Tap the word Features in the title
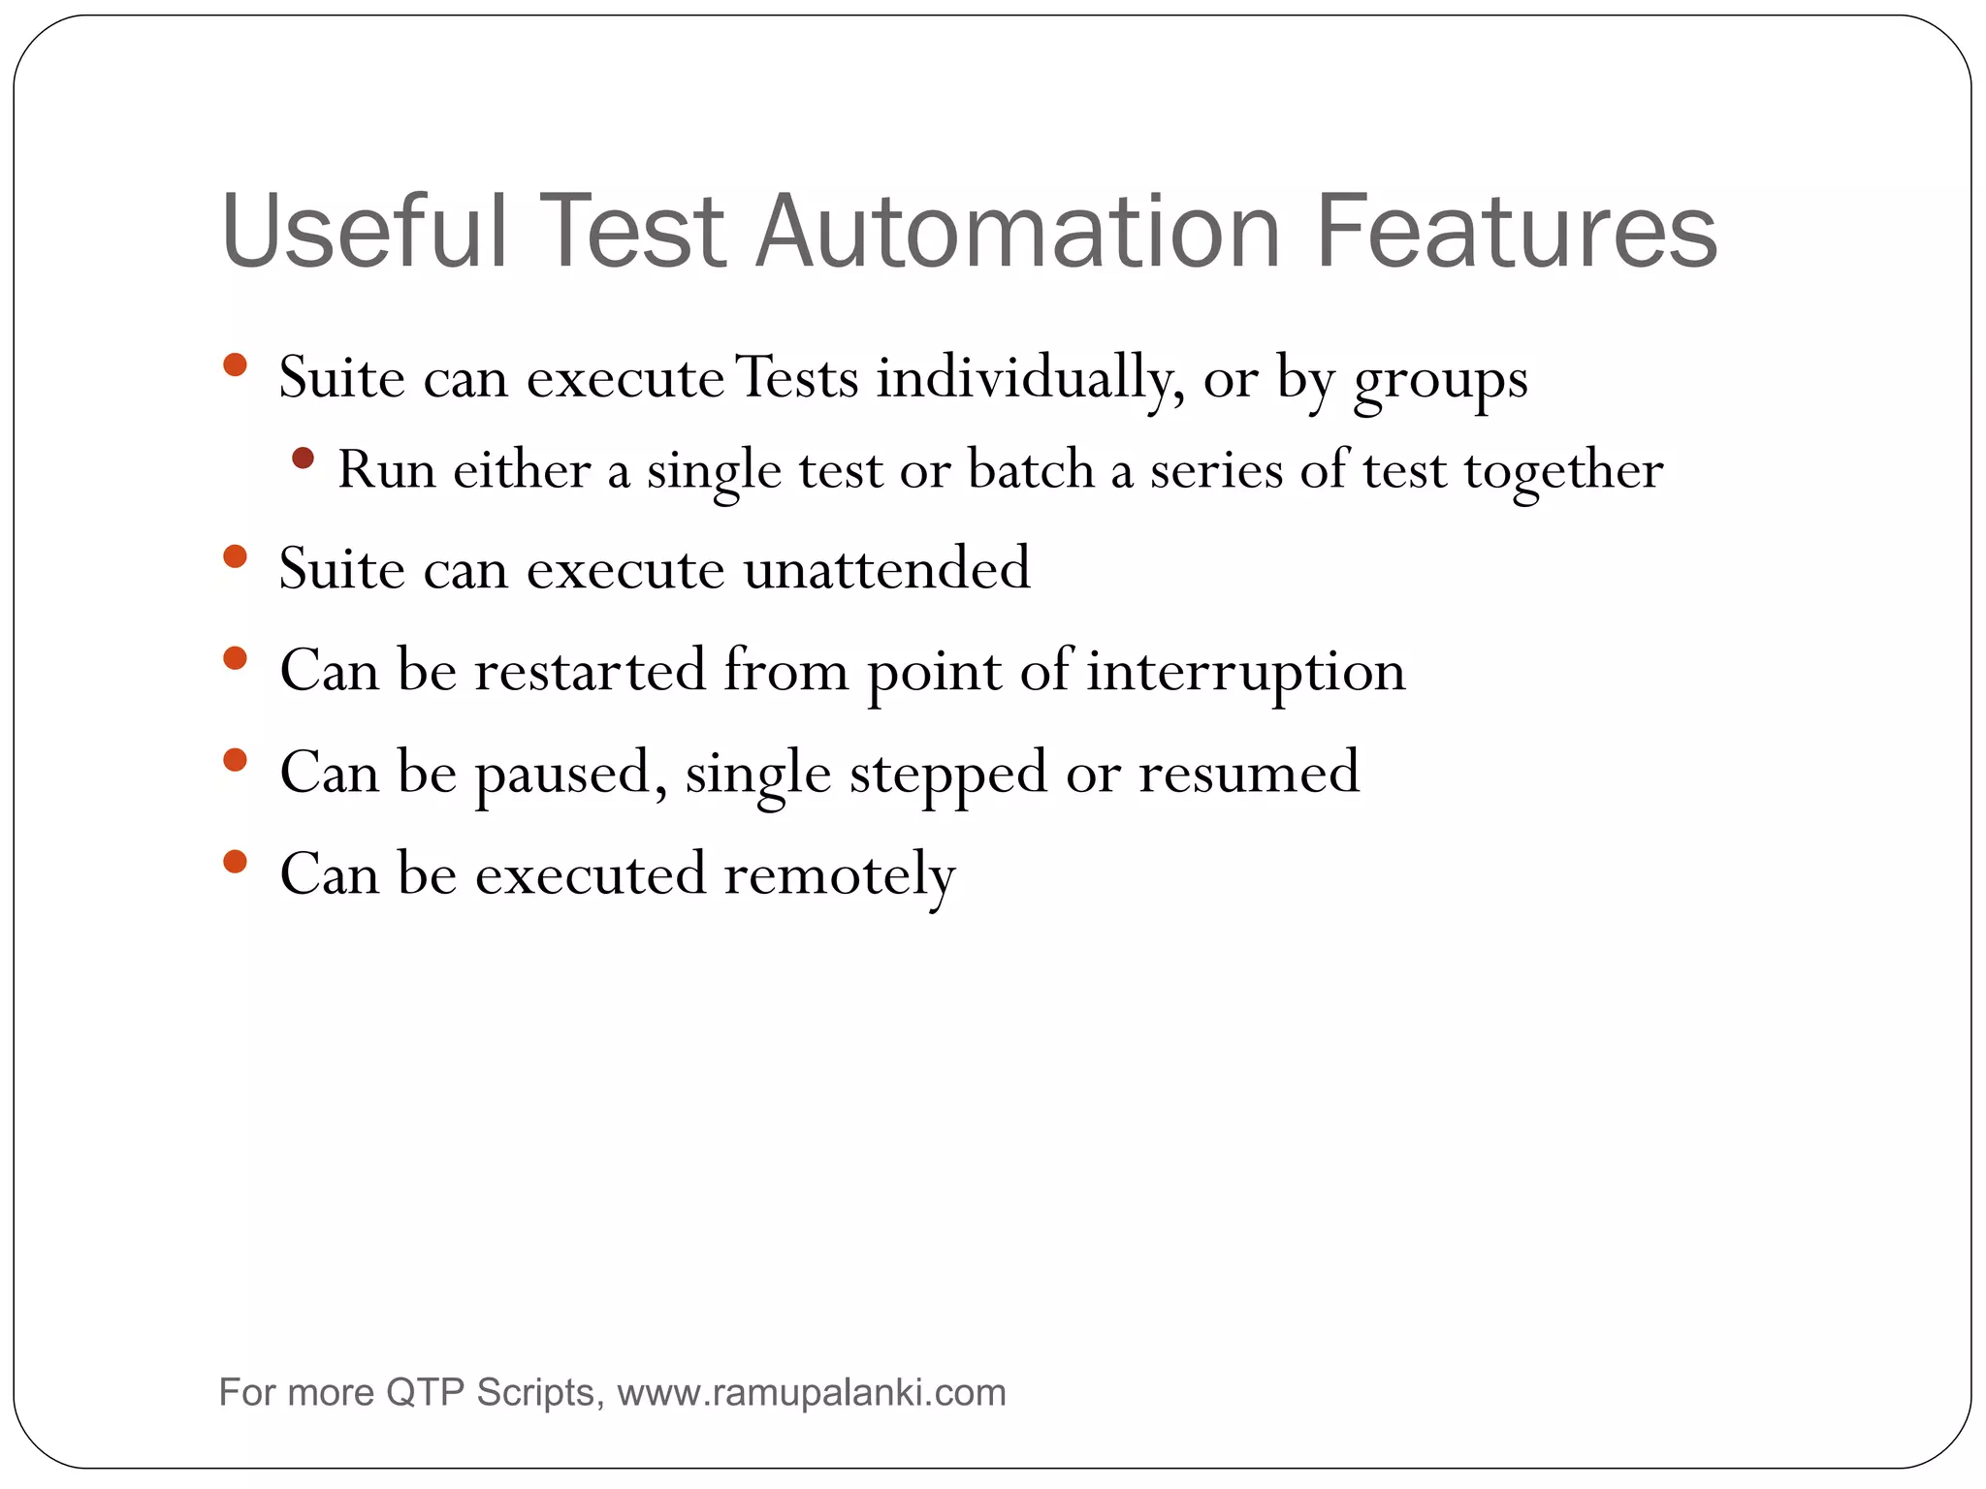pyautogui.click(x=1516, y=233)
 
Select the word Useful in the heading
pyautogui.click(x=364, y=233)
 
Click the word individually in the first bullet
pyautogui.click(x=1030, y=378)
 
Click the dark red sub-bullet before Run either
pyautogui.click(x=303, y=458)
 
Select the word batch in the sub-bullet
pyautogui.click(x=1031, y=470)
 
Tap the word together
pyautogui.click(x=1563, y=472)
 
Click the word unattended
pyautogui.click(x=886, y=568)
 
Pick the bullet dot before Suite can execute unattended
pyautogui.click(x=235, y=556)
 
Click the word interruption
pyautogui.click(x=1245, y=672)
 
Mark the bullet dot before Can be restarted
pyautogui.click(x=235, y=659)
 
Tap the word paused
pyautogui.click(x=570, y=774)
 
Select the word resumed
pyautogui.click(x=1249, y=773)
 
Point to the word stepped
pyautogui.click(x=948, y=774)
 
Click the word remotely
pyautogui.click(x=840, y=875)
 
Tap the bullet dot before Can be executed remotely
pyautogui.click(x=235, y=861)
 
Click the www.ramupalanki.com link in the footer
pyautogui.click(x=811, y=1393)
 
